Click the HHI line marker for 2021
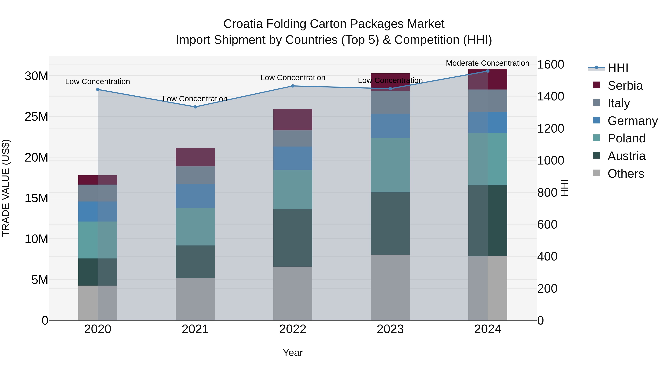[195, 107]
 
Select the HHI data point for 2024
[487, 71]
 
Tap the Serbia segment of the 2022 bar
[293, 120]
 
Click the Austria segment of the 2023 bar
[390, 223]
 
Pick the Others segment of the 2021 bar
[195, 299]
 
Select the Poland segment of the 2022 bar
[293, 189]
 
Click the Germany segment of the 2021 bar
[195, 196]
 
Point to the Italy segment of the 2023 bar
[390, 102]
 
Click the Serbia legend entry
[625, 86]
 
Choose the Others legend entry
[626, 174]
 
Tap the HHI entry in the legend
[618, 68]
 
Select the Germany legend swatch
[596, 120]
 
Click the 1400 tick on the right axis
[550, 97]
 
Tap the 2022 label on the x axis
[293, 329]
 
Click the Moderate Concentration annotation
[487, 63]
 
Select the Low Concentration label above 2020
[97, 82]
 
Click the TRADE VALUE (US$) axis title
[6, 188]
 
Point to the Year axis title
[293, 353]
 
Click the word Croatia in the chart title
[243, 24]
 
